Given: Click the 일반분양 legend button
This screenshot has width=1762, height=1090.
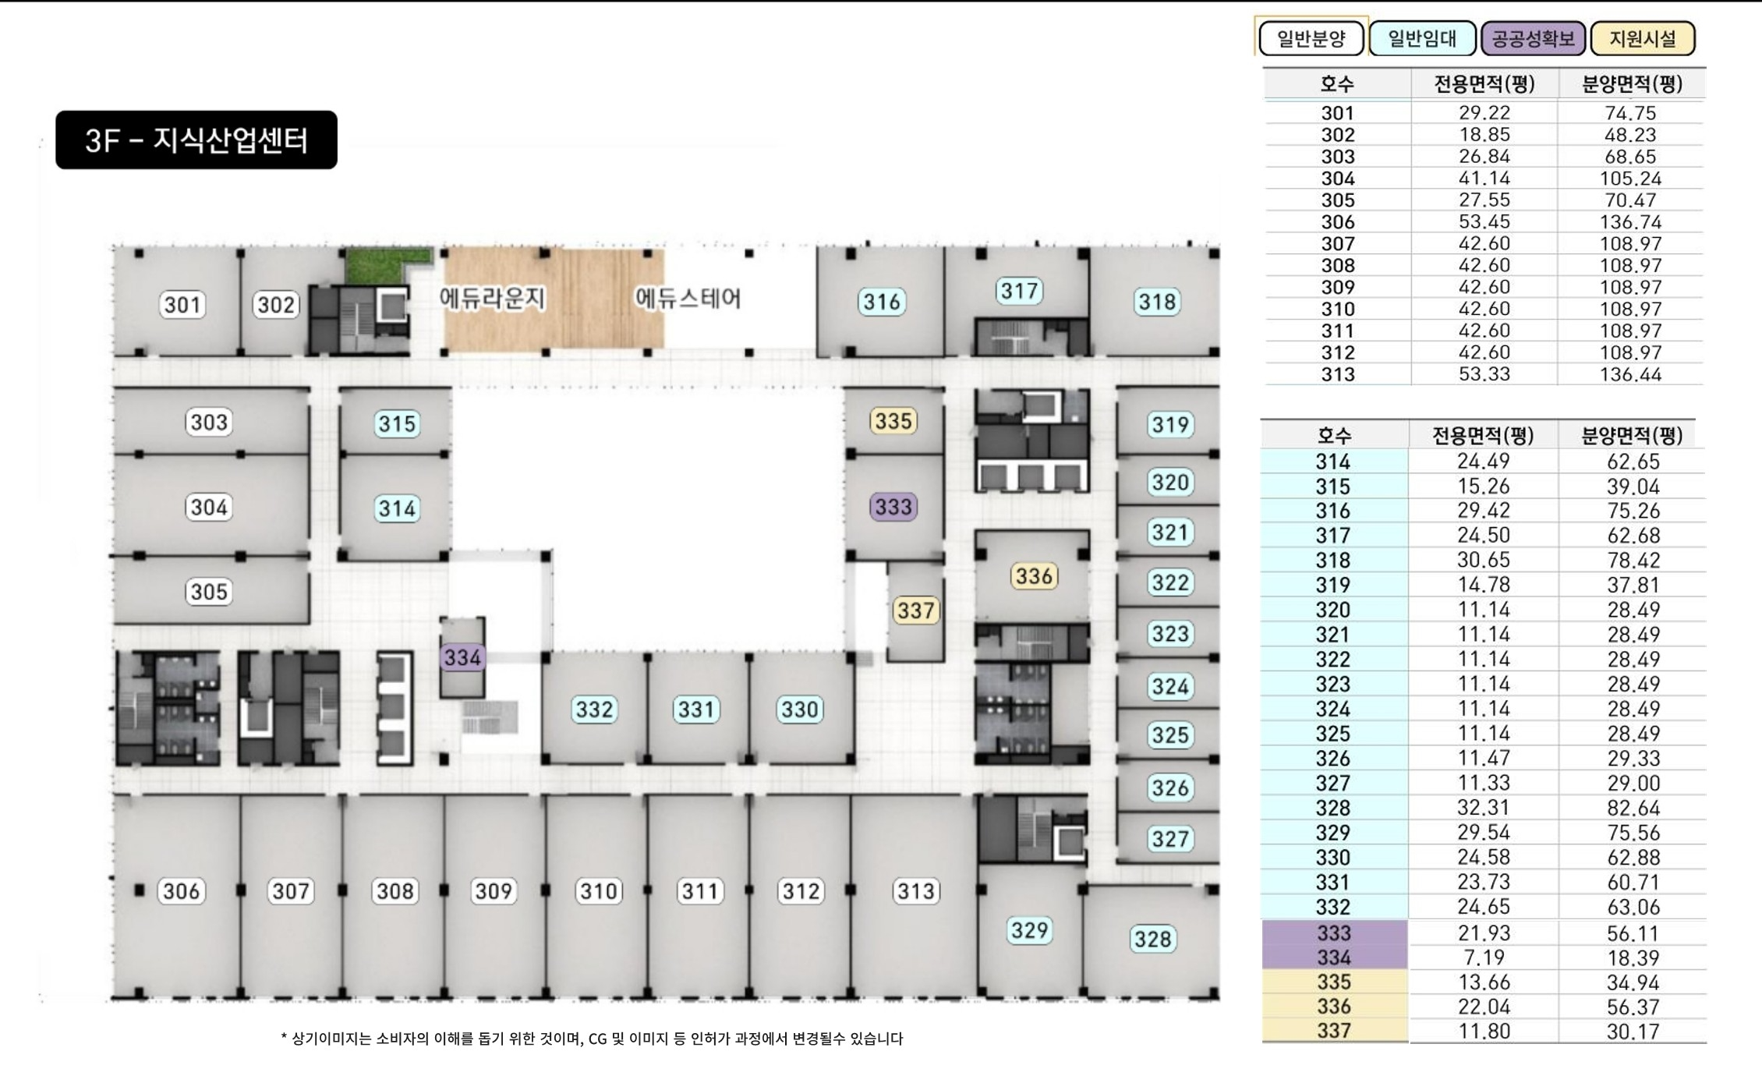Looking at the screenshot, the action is (1311, 39).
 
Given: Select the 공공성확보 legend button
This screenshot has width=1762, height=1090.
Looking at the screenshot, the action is (1533, 39).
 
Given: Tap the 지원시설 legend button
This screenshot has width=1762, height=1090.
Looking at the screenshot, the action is (1643, 39).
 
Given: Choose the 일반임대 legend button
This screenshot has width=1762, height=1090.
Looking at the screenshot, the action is (1422, 39).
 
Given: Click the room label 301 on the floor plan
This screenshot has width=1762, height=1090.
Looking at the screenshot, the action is (182, 304).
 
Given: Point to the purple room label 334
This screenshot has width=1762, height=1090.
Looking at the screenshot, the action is (462, 657).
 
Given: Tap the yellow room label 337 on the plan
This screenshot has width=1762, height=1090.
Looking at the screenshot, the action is (915, 610).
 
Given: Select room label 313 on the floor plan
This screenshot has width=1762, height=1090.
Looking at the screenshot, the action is (915, 890).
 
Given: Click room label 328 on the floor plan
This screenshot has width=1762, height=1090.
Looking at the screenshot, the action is (1152, 939).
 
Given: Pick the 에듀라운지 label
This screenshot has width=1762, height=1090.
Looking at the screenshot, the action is (492, 298).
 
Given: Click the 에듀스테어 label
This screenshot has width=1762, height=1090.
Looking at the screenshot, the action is (688, 298).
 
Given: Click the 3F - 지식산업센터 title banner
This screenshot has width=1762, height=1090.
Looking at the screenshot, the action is (196, 140).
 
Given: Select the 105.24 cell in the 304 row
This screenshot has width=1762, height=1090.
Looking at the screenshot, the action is (1630, 179).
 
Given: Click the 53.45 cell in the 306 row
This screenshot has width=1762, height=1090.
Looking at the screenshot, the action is (1484, 222).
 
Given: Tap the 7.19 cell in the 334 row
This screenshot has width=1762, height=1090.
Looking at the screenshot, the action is (1484, 957).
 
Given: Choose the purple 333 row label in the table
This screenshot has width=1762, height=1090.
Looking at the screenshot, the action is (1333, 933).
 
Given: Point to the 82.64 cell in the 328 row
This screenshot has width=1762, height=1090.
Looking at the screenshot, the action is (1633, 808).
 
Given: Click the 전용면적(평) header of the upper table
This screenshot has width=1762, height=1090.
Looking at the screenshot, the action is (1484, 84).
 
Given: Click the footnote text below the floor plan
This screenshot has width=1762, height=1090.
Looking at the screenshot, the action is (591, 1039).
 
